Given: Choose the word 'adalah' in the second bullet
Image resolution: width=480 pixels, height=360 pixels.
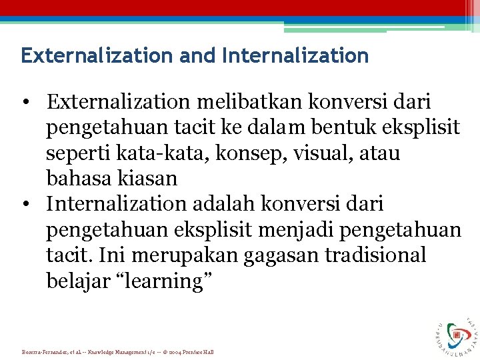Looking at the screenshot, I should click(x=245, y=204).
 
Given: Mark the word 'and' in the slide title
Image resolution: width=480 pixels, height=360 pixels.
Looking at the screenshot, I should click(x=198, y=55).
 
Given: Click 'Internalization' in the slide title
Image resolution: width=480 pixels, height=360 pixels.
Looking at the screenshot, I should click(x=295, y=55).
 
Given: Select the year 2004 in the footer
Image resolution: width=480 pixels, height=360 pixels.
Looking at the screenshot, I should click(x=177, y=352).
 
